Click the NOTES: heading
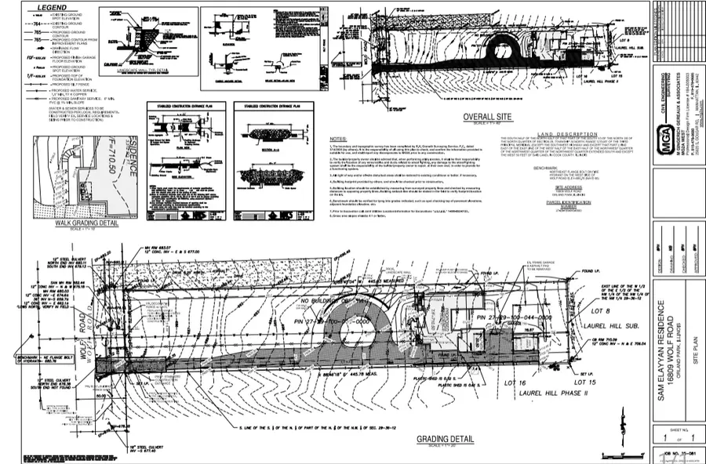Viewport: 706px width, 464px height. (338, 140)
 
